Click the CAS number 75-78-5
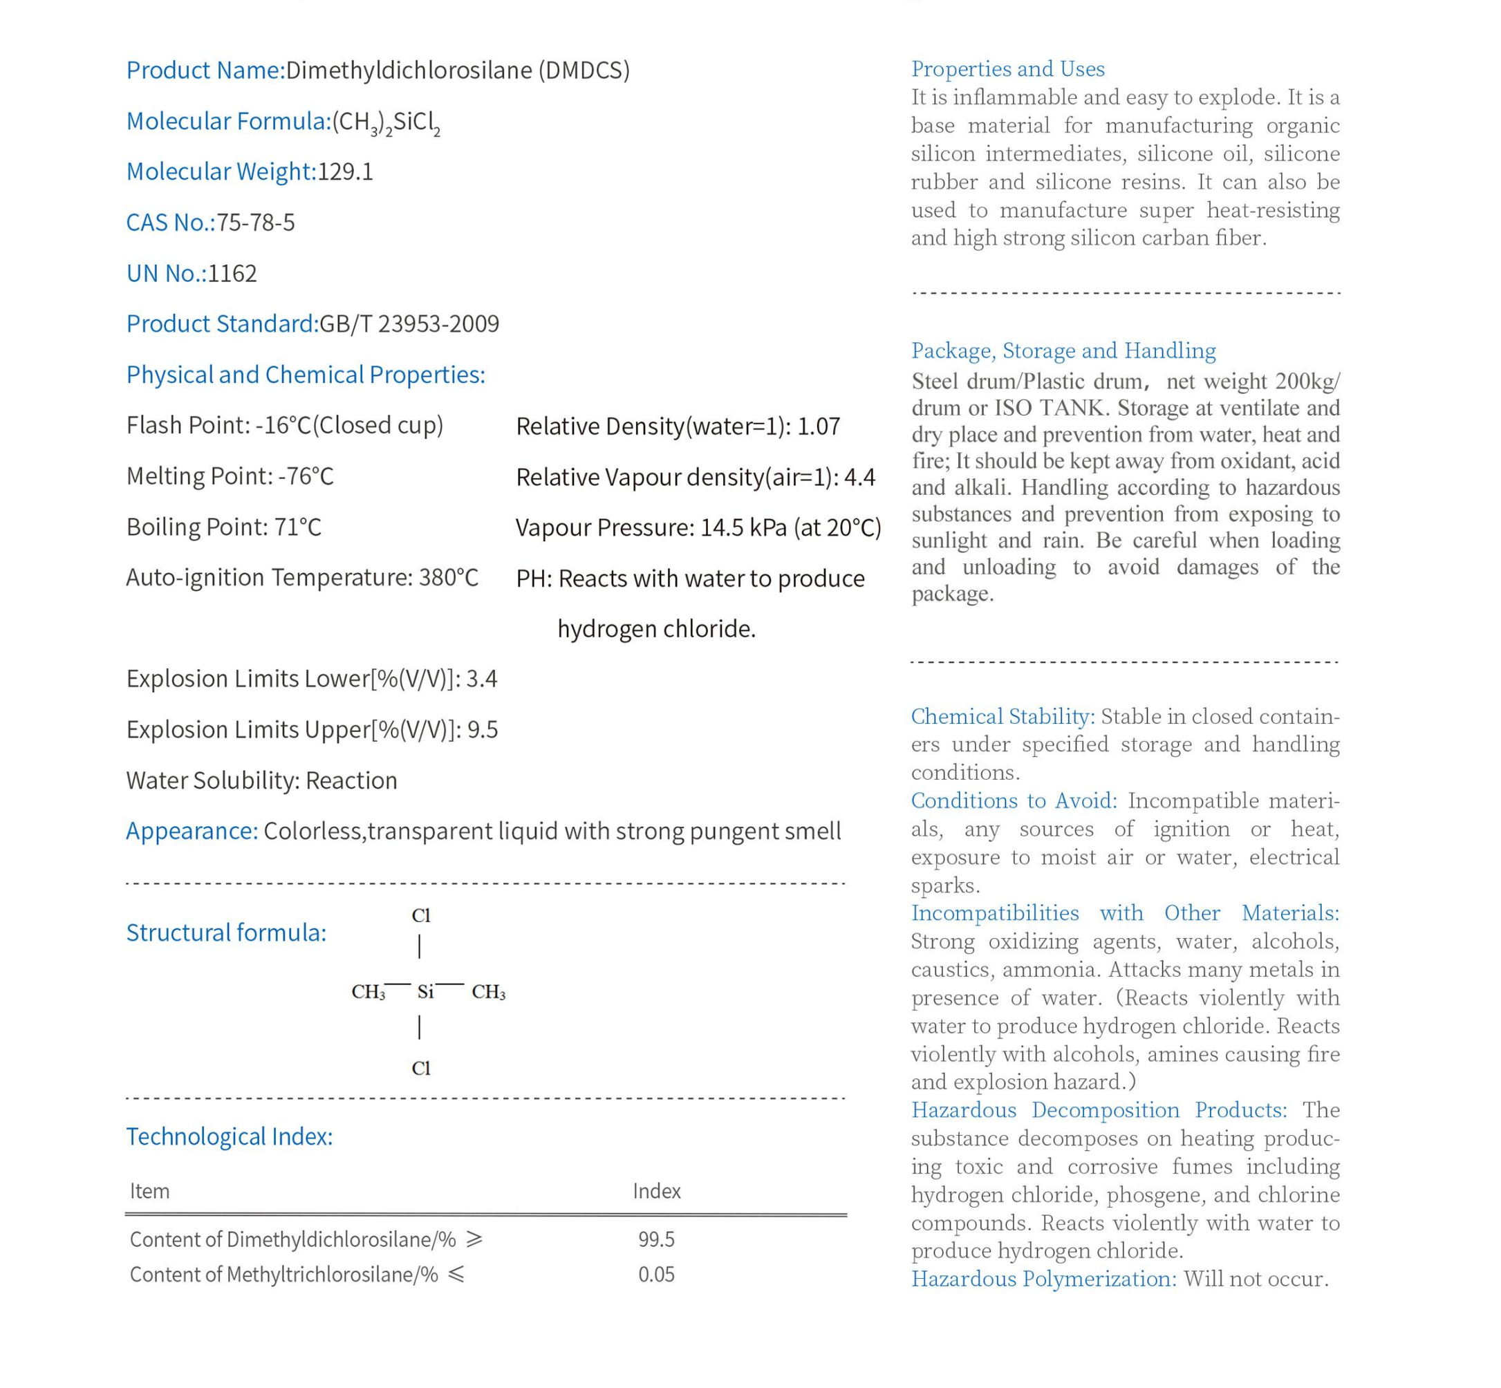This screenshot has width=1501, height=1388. (x=255, y=223)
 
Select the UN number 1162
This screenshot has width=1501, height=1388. (x=232, y=274)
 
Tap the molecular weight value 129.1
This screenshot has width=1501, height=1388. (x=345, y=172)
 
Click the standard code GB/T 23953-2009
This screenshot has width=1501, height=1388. (x=409, y=323)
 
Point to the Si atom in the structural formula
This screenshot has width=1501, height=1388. (x=425, y=992)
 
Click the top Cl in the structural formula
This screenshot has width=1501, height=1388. (x=420, y=916)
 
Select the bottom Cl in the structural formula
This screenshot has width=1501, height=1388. (x=420, y=1068)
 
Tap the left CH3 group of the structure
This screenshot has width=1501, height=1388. (x=368, y=992)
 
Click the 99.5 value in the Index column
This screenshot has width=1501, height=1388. (x=656, y=1239)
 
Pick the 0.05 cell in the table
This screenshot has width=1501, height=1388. (x=656, y=1275)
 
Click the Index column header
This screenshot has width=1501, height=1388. (x=656, y=1191)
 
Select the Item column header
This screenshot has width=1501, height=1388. (x=149, y=1191)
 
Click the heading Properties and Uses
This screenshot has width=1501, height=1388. (x=1007, y=69)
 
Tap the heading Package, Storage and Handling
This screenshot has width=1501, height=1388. (x=1063, y=350)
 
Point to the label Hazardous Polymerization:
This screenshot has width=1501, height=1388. (x=1043, y=1279)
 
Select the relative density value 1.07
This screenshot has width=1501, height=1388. (x=818, y=426)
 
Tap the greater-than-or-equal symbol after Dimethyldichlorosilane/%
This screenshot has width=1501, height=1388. (x=474, y=1239)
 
